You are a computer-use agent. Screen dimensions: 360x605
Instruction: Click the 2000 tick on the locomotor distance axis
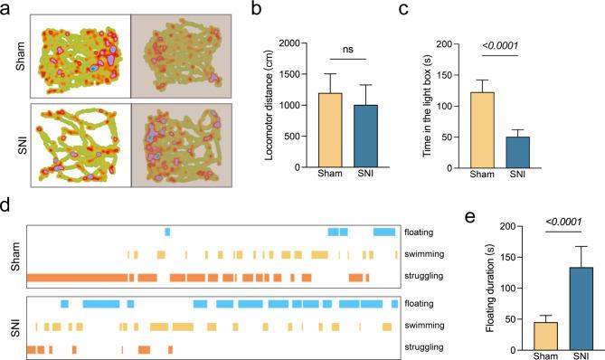click(x=289, y=43)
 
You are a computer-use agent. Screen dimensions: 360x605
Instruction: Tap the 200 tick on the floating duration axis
click(x=496, y=226)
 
